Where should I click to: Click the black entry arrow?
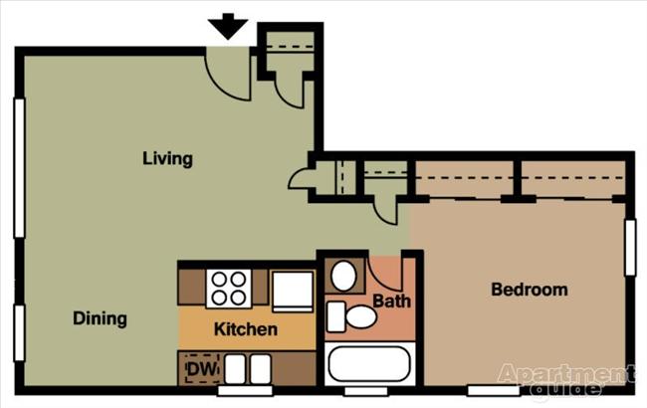click(x=229, y=26)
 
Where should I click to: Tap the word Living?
click(x=167, y=158)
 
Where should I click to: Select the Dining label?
click(x=100, y=318)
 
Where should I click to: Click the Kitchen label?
click(x=246, y=328)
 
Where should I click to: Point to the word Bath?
click(x=391, y=300)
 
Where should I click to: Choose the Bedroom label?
click(x=530, y=290)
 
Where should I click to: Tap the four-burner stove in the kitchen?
click(x=229, y=289)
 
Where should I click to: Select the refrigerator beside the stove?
click(x=294, y=291)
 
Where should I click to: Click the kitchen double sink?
click(x=247, y=369)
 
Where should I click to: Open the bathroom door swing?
click(x=386, y=274)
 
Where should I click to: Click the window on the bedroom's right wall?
click(x=630, y=248)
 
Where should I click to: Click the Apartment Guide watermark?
click(x=565, y=379)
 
